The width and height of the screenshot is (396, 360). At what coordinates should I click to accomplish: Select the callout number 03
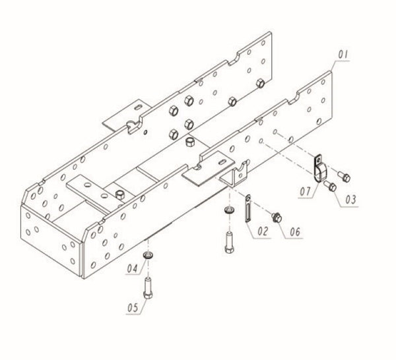(x=350, y=196)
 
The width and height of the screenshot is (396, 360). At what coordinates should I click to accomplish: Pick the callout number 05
(x=133, y=309)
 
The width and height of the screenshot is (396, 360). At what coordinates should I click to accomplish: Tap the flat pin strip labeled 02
(x=247, y=211)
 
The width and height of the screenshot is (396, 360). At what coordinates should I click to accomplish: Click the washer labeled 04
(x=148, y=255)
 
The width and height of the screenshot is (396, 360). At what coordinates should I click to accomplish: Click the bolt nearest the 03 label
(x=332, y=188)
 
